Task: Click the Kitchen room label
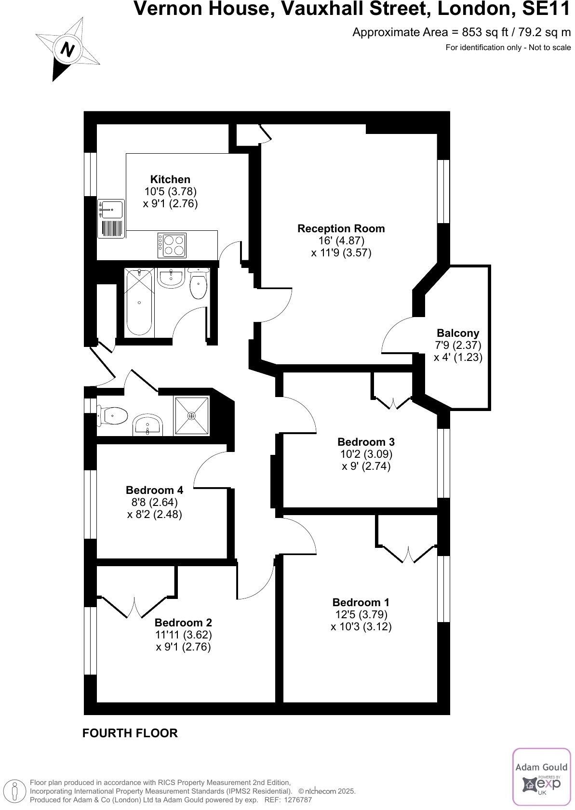pyautogui.click(x=170, y=179)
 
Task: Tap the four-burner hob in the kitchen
pyautogui.click(x=172, y=245)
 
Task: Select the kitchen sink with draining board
pyautogui.click(x=111, y=219)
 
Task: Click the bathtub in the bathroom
pyautogui.click(x=139, y=302)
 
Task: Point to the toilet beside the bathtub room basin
pyautogui.click(x=199, y=284)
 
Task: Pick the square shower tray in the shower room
pyautogui.click(x=191, y=415)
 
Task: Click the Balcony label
pyautogui.click(x=458, y=333)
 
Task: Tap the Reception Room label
pyautogui.click(x=341, y=228)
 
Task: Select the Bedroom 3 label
pyautogui.click(x=366, y=442)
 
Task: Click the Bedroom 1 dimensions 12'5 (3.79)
pyautogui.click(x=361, y=614)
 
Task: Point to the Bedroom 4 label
pyautogui.click(x=154, y=490)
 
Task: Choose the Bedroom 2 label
pyautogui.click(x=183, y=623)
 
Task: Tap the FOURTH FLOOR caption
pyautogui.click(x=130, y=733)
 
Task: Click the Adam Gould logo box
pyautogui.click(x=541, y=776)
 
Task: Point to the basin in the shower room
pyautogui.click(x=147, y=424)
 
